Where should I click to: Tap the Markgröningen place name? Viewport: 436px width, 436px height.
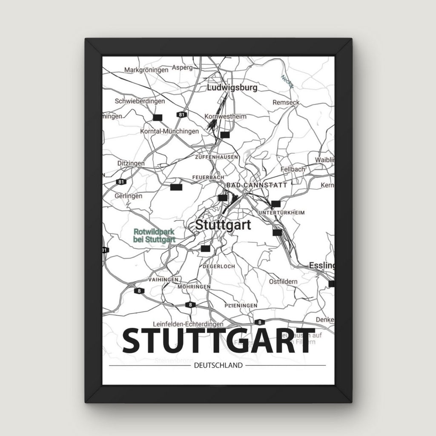(146, 70)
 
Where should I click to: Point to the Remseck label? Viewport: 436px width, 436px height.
(286, 103)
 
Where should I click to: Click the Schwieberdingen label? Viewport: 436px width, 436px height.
(140, 101)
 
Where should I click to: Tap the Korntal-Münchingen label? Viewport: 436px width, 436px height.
(169, 131)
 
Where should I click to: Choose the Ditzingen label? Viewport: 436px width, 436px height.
(131, 163)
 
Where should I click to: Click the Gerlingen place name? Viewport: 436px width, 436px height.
(128, 196)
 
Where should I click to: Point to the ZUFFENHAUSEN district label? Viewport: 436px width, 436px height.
(216, 157)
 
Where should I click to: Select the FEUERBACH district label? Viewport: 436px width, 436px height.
(208, 177)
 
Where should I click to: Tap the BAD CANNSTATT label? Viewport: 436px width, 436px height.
(257, 185)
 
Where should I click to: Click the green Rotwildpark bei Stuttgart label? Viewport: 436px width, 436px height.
(155, 235)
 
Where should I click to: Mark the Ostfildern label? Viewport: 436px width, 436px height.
(283, 282)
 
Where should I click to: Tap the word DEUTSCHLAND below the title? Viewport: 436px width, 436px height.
(218, 365)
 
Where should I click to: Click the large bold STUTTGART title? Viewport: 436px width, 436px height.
(218, 341)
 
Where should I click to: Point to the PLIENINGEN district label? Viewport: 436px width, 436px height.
(241, 306)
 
